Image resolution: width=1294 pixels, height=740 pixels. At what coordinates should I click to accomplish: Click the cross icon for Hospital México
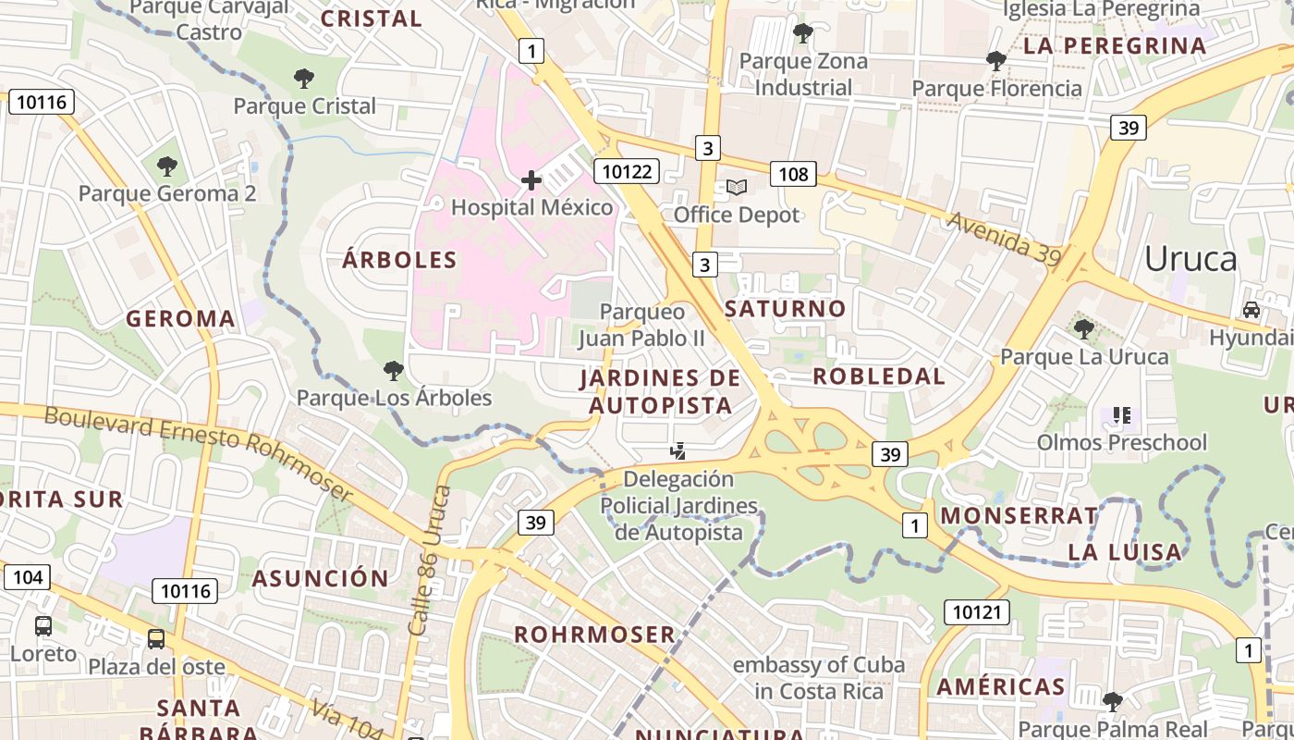pyautogui.click(x=531, y=179)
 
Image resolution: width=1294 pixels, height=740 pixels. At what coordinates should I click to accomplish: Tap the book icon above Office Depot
pyautogui.click(x=736, y=188)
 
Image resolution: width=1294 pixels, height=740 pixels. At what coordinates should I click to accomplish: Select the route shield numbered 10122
pyautogui.click(x=627, y=170)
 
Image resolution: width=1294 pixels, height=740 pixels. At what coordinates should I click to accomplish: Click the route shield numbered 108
pyautogui.click(x=793, y=173)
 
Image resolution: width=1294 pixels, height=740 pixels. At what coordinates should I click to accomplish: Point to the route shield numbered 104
pyautogui.click(x=28, y=577)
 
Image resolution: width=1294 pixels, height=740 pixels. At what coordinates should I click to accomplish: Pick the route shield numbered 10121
pyautogui.click(x=976, y=611)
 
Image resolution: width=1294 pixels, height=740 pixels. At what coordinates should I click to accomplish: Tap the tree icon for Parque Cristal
pyautogui.click(x=303, y=79)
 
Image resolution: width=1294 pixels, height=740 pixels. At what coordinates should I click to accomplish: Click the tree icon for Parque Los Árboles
pyautogui.click(x=393, y=371)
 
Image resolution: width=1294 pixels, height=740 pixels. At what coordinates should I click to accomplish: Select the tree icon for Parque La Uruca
pyautogui.click(x=1084, y=328)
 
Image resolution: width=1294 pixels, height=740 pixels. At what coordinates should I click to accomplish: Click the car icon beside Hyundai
pyautogui.click(x=1251, y=310)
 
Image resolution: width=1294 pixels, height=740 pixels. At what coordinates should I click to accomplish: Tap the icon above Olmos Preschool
pyautogui.click(x=1121, y=414)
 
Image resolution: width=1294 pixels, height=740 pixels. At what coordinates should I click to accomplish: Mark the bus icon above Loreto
pyautogui.click(x=43, y=625)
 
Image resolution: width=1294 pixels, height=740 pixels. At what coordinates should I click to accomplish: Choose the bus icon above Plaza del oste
pyautogui.click(x=156, y=638)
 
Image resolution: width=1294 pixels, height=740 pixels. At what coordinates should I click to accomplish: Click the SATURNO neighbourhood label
pyautogui.click(x=785, y=309)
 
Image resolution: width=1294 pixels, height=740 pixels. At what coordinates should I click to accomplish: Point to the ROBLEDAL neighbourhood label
pyautogui.click(x=878, y=376)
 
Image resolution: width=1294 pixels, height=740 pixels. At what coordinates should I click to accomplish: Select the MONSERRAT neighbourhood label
pyautogui.click(x=1019, y=516)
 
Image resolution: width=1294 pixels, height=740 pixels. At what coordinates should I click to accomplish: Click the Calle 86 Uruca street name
pyautogui.click(x=430, y=561)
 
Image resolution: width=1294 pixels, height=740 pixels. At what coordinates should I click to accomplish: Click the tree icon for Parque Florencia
pyautogui.click(x=995, y=61)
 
